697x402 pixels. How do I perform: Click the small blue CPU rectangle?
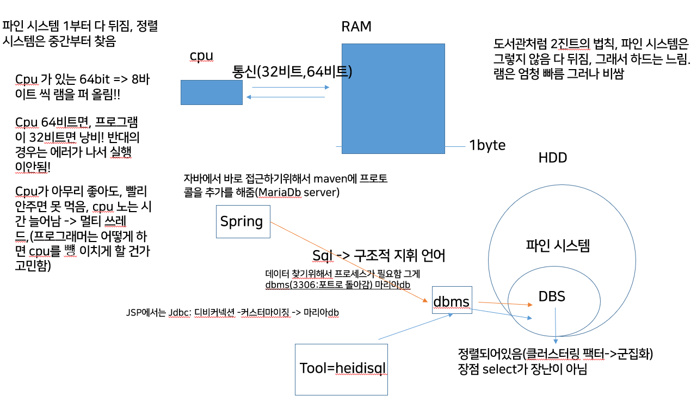[x=211, y=92]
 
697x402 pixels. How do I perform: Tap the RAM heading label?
[x=356, y=26]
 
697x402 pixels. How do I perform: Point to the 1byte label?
[x=487, y=145]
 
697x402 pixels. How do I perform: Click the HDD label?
[x=552, y=158]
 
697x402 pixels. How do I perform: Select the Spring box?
[x=243, y=221]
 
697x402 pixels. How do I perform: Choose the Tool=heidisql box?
[x=341, y=369]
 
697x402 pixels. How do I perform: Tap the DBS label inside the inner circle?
[x=552, y=296]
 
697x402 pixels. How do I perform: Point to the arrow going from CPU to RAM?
[x=291, y=87]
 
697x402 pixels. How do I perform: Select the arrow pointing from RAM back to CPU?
[x=285, y=97]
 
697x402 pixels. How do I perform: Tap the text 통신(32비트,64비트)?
[x=292, y=71]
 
